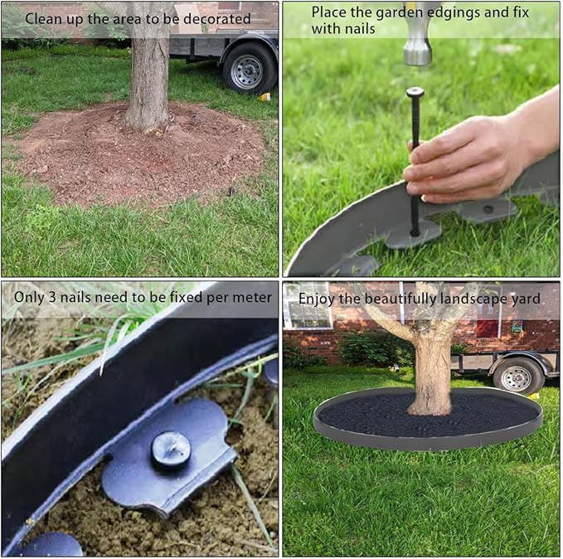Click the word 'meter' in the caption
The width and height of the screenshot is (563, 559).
point(252,297)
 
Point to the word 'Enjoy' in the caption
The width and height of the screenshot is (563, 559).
point(316,298)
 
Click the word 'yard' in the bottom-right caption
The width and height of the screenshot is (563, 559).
point(525,298)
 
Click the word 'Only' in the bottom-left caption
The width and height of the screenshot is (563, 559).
point(28,297)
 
